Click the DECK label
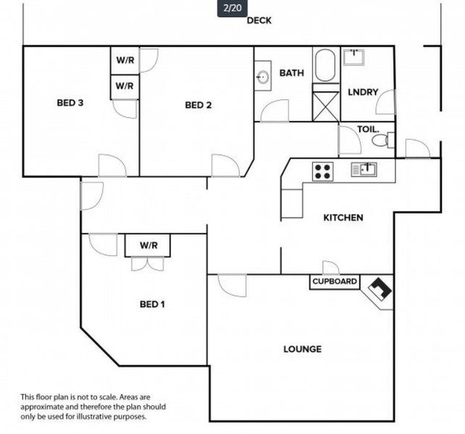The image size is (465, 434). [x=259, y=20]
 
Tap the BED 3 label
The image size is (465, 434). [x=70, y=103]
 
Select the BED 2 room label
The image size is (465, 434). [x=198, y=105]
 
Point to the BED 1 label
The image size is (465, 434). [x=152, y=305]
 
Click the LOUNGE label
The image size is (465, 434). [x=303, y=349]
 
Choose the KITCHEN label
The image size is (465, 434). [x=343, y=218]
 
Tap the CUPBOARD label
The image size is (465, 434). [x=335, y=281]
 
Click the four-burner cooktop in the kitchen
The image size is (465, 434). [x=322, y=171]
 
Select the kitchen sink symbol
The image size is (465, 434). [x=364, y=169]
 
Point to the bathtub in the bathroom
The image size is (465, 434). [x=325, y=65]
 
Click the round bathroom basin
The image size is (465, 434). [x=263, y=77]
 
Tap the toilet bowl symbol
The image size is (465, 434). [x=382, y=140]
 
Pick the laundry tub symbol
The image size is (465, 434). [x=353, y=57]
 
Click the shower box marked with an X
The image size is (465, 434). [x=326, y=106]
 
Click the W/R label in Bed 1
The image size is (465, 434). [x=148, y=245]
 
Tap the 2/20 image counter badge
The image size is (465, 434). [x=232, y=8]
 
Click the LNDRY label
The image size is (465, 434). [x=363, y=92]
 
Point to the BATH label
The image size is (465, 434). [x=292, y=73]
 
